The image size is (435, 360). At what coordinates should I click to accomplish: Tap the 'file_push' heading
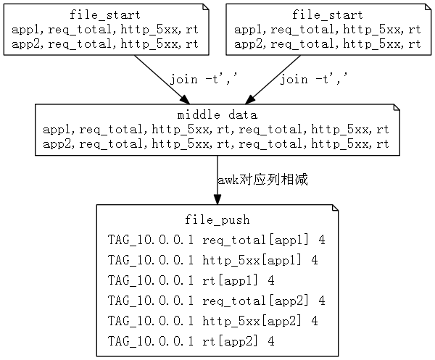(217, 219)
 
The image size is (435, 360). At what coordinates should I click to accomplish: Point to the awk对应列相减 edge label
(262, 180)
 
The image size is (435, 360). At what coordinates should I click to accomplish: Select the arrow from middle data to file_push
(217, 181)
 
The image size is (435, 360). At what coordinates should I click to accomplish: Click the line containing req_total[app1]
(216, 240)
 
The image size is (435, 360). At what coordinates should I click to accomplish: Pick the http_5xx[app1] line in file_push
(213, 260)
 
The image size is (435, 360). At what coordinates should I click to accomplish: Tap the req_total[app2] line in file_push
(216, 301)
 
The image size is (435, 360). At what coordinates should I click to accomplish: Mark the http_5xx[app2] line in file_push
(213, 321)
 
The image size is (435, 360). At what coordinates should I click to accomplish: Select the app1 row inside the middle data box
(217, 130)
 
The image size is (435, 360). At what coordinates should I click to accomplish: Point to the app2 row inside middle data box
(217, 144)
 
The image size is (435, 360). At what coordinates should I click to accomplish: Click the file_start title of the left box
(105, 14)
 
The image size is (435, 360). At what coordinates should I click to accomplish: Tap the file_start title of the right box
(327, 14)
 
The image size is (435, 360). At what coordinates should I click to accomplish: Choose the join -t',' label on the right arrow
(313, 79)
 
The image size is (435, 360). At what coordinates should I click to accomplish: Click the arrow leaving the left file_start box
(160, 80)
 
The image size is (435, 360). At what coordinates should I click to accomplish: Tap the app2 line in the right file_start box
(327, 43)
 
